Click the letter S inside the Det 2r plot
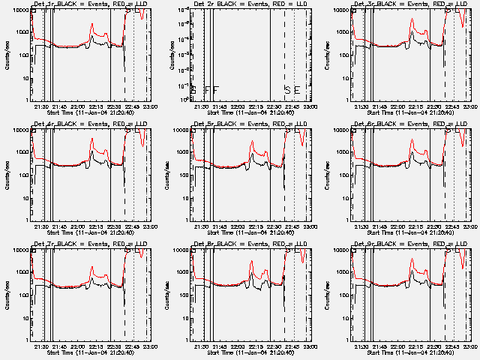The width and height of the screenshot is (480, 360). (x=286, y=90)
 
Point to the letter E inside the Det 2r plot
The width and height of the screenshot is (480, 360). (x=297, y=90)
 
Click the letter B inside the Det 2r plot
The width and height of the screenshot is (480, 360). (x=193, y=90)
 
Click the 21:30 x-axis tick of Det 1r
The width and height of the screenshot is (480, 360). (x=42, y=106)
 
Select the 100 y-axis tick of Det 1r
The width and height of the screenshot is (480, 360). (x=27, y=56)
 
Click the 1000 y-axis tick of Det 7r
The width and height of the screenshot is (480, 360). (x=25, y=272)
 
